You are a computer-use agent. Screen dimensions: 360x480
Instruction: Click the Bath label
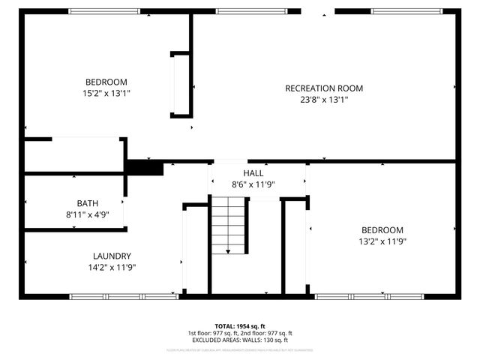87,203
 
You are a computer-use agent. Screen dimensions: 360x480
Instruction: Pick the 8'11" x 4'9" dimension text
87,214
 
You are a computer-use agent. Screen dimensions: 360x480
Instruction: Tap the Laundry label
112,256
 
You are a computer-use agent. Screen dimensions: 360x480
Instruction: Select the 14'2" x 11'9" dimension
112,267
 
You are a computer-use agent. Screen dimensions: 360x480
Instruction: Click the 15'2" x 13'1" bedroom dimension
106,93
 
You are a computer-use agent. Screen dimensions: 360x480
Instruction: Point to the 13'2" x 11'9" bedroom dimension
382,241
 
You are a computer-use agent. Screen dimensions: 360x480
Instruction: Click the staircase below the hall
228,224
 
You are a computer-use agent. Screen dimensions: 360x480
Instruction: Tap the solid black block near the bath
144,168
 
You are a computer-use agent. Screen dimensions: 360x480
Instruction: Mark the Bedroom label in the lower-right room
382,230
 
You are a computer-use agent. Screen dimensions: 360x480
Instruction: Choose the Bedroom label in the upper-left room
106,82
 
